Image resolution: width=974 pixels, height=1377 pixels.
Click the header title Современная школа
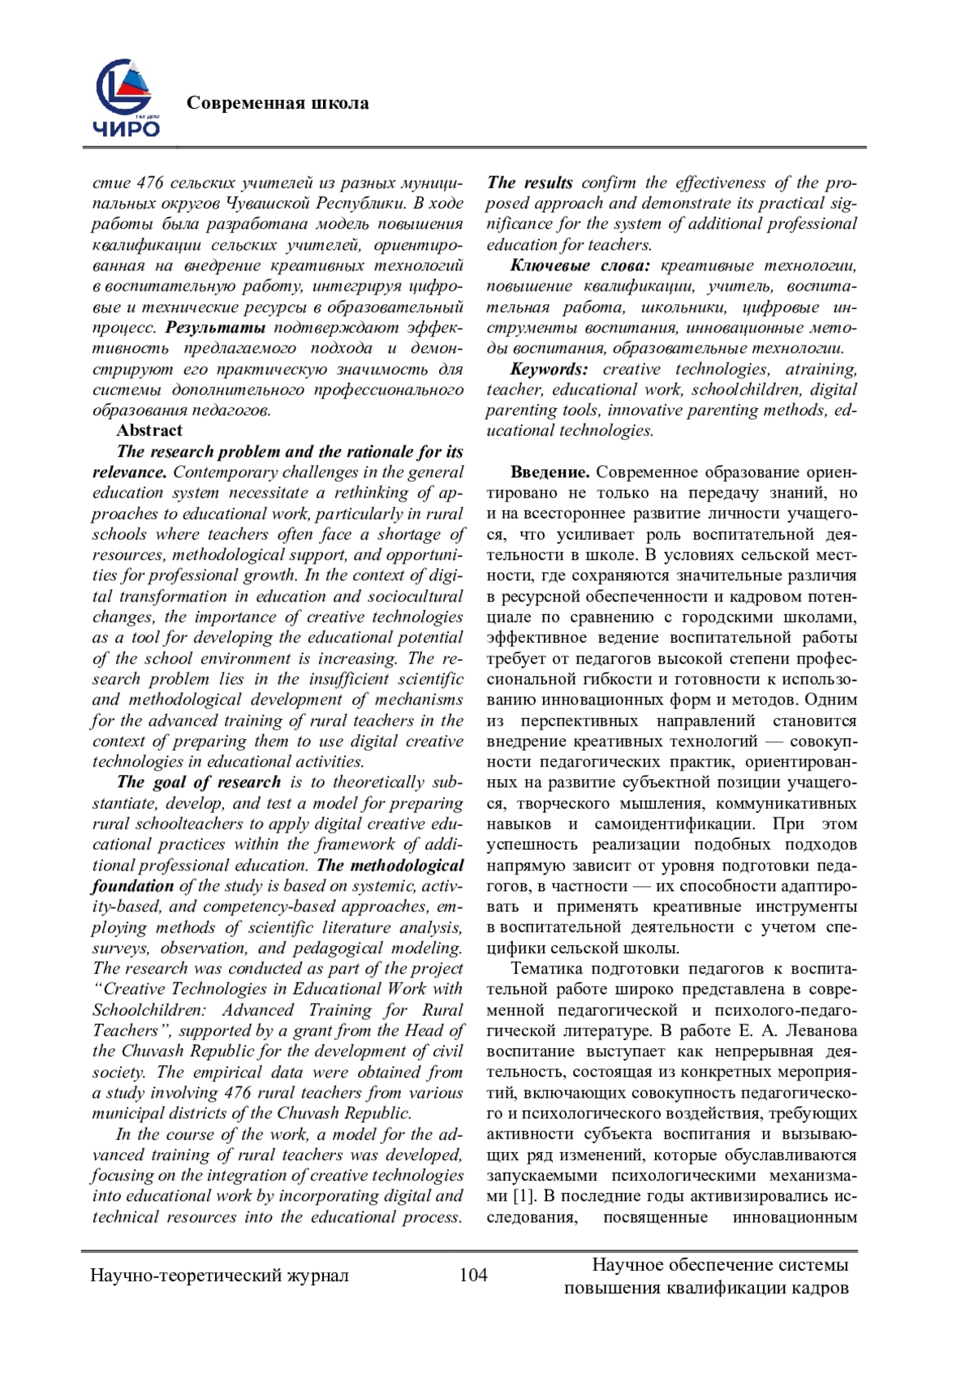pos(278,103)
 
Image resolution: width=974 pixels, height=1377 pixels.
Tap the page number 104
pos(473,1275)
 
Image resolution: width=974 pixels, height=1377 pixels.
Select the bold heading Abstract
pos(149,431)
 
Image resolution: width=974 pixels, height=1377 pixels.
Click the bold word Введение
pos(549,472)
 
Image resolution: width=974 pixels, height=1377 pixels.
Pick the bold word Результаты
pos(216,328)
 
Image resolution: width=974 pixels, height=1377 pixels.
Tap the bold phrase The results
pos(530,183)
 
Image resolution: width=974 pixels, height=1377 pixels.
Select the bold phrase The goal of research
pos(199,782)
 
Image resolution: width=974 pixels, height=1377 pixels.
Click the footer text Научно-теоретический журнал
pos(220,1275)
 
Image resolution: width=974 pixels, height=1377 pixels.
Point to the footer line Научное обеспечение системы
pos(720,1265)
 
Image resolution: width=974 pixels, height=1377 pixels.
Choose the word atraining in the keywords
pos(822,369)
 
